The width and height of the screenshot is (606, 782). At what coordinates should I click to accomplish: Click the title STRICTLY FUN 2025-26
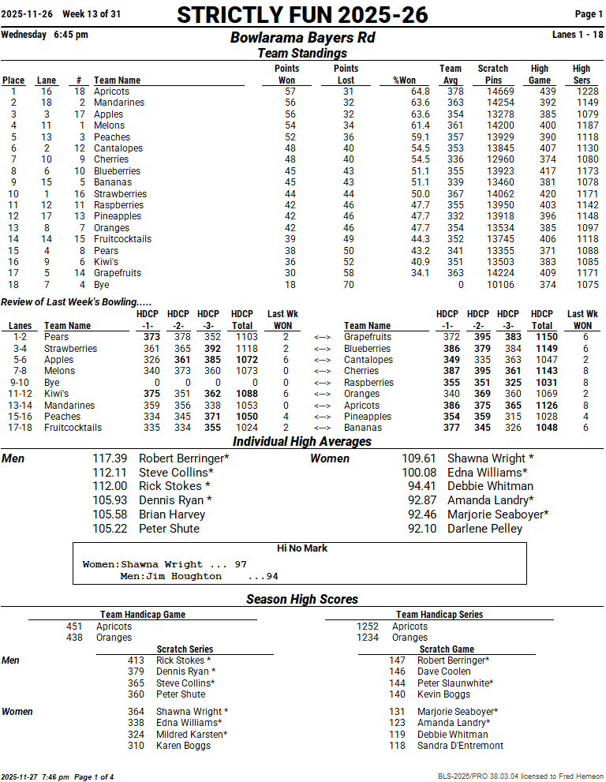tap(302, 15)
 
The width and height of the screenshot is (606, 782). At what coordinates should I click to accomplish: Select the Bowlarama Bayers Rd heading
tap(302, 38)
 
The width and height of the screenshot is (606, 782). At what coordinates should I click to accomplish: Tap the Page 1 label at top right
tap(589, 14)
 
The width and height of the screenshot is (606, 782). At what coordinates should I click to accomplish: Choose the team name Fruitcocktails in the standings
tap(122, 239)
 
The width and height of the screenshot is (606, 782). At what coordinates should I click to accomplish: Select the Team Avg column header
tap(451, 74)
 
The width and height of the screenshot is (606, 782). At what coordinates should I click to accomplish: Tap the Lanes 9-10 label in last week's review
tap(20, 383)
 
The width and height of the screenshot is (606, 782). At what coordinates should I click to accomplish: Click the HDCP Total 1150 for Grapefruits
tap(546, 337)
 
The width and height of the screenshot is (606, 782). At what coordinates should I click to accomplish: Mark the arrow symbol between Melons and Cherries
tap(322, 371)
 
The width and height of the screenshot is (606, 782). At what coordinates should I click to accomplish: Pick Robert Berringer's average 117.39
tap(110, 458)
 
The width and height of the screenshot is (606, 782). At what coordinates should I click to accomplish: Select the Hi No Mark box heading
tap(302, 548)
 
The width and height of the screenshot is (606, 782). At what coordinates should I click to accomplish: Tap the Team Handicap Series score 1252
tap(368, 627)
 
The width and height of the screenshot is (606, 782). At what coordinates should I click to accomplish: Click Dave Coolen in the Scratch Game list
tap(444, 672)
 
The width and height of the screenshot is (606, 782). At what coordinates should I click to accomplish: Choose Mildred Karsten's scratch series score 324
tap(136, 734)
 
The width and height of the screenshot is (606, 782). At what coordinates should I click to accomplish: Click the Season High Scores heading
tap(302, 600)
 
